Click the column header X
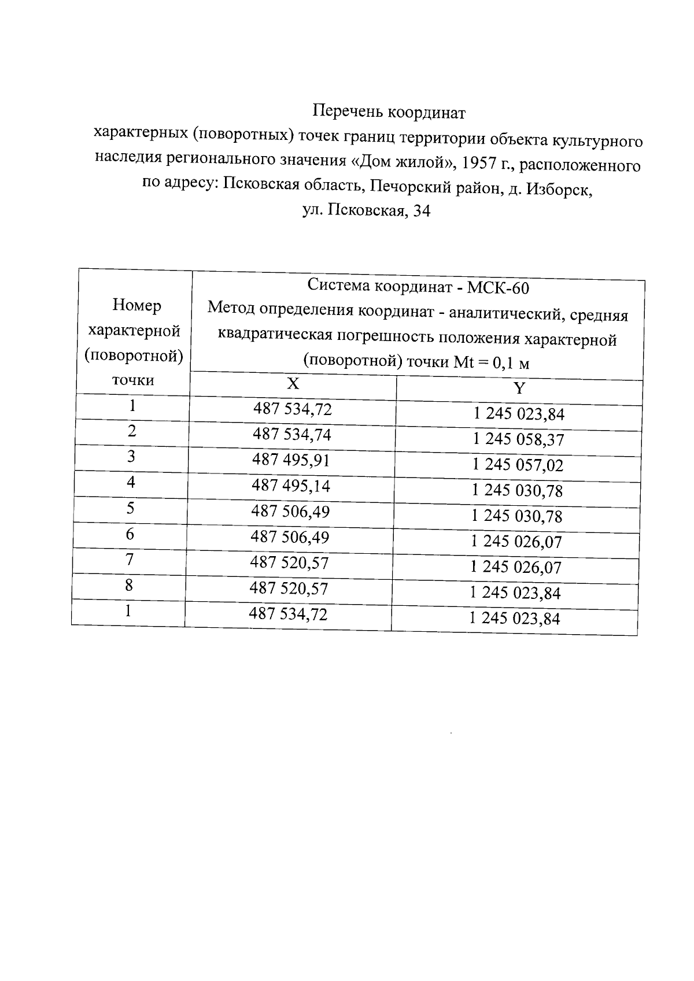click(293, 384)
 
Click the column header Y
click(519, 388)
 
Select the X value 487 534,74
click(292, 434)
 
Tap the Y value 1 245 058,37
click(518, 440)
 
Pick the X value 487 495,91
click(291, 460)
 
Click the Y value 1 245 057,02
click(518, 465)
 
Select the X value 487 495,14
click(291, 486)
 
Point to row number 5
click(131, 508)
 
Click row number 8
click(129, 585)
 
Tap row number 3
click(131, 457)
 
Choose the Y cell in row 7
click(516, 567)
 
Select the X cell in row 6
click(290, 537)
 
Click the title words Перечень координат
click(389, 112)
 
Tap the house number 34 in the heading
click(422, 212)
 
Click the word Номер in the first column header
click(137, 305)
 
